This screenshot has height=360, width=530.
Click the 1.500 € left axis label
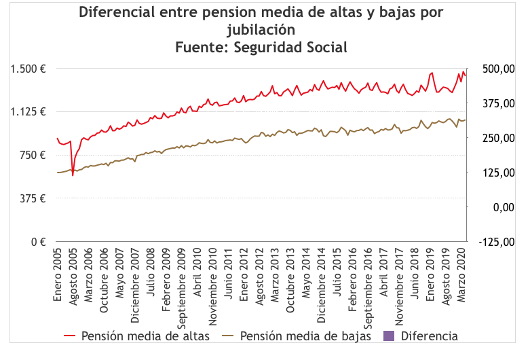[27, 69]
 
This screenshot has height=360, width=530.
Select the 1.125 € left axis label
[27, 112]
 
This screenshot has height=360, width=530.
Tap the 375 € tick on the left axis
[31, 198]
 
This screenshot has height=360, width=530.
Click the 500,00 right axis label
[497, 69]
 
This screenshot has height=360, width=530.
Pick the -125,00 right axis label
[495, 242]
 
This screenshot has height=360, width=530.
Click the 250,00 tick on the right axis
[497, 138]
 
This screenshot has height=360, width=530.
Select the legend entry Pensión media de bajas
[305, 336]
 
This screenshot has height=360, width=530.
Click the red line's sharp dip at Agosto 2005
[73, 175]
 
